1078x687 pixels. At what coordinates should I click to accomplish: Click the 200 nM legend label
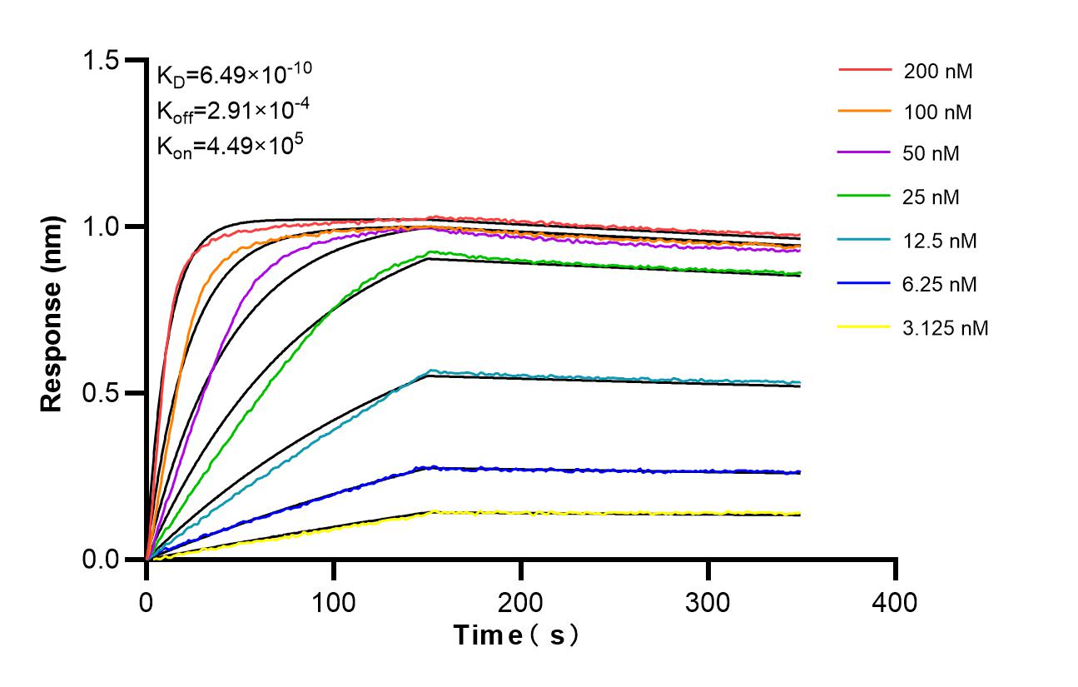coord(938,71)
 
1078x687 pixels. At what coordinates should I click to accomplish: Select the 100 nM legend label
coord(938,112)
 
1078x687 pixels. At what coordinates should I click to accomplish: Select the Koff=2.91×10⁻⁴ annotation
coord(228,110)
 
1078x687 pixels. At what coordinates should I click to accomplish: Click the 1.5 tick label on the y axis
coord(101,60)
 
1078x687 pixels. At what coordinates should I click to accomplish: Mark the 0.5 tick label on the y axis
coord(101,393)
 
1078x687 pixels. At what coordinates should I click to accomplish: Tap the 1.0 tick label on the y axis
coord(101,227)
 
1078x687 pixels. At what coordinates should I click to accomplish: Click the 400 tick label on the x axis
coord(896,600)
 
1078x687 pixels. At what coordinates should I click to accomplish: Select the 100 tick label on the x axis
coord(334,600)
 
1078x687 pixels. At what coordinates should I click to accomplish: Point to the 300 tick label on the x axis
coord(708,600)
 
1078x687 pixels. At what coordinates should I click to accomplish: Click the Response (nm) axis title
coord(52,309)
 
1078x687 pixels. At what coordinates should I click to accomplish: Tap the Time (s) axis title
coord(516,635)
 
